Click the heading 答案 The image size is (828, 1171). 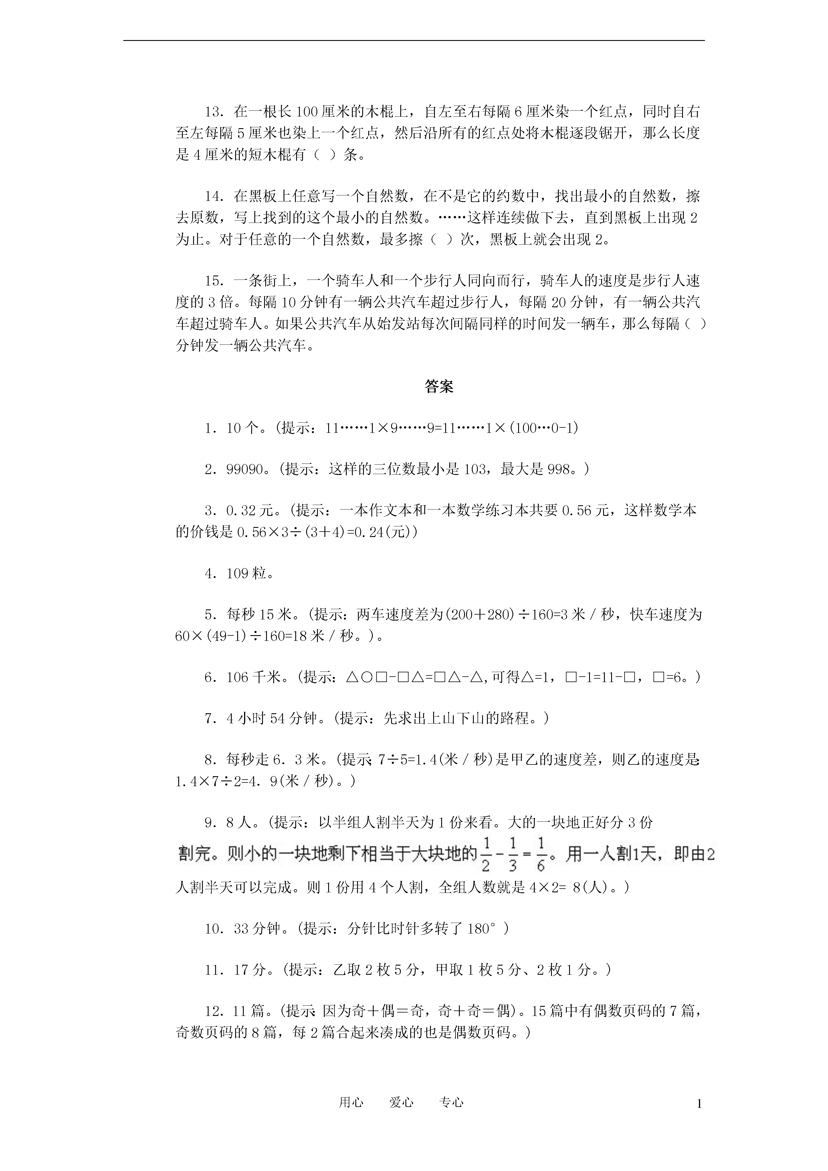[439, 387]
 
